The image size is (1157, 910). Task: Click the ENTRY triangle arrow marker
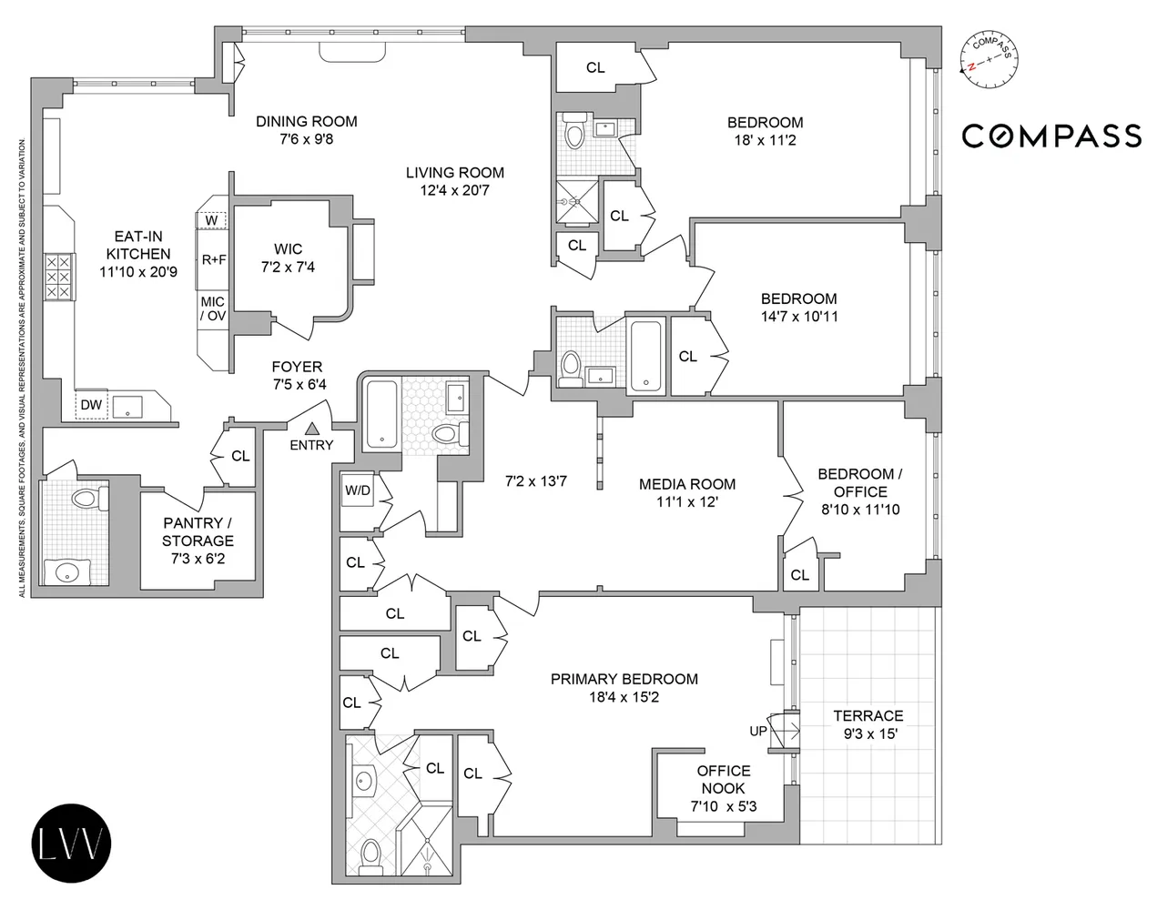311,428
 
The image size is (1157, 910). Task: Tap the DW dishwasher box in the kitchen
91,405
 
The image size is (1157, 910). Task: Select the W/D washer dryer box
357,490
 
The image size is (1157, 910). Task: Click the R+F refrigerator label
214,259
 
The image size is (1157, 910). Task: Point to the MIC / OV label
213,308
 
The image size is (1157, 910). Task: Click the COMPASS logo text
1051,136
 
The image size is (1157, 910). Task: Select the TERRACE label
868,716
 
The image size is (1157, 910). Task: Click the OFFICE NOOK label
724,779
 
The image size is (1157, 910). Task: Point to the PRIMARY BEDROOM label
624,679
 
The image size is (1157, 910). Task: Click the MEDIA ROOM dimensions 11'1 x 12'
687,501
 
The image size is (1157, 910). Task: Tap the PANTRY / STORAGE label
198,531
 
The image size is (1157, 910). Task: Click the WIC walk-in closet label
288,248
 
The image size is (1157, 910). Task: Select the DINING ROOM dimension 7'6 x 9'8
306,139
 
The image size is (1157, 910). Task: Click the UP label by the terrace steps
757,732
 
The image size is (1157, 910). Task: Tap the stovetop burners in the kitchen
57,276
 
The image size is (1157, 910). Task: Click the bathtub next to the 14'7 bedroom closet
646,355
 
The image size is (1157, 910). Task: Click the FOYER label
297,367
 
